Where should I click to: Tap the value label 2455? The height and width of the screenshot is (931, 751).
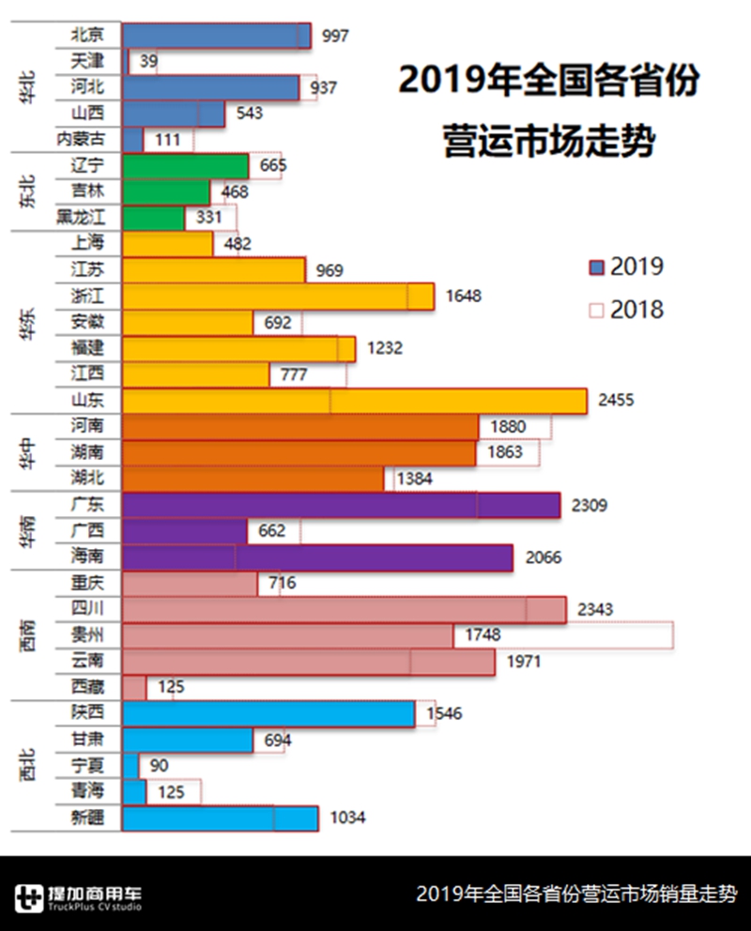[616, 400]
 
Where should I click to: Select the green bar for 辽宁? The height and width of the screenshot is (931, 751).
[185, 166]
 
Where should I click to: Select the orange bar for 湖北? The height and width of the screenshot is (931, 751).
[253, 479]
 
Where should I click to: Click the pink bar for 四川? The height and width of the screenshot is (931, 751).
[344, 609]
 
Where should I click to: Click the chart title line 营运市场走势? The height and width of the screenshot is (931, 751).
[549, 144]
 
